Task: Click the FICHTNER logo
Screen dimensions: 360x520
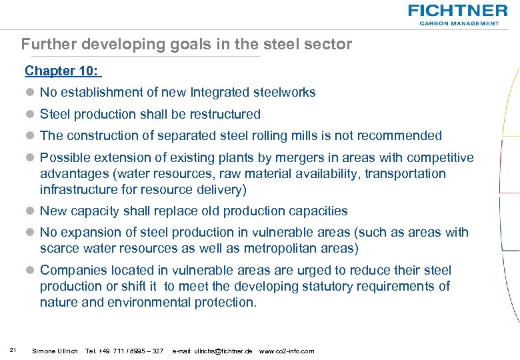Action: point(457,11)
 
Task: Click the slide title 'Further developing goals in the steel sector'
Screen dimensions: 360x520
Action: point(186,45)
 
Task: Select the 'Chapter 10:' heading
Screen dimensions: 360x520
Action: point(62,71)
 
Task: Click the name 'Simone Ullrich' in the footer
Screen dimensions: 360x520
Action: point(55,351)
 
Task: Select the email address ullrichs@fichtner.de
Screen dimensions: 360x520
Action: point(213,351)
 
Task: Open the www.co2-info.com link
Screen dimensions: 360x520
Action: point(286,351)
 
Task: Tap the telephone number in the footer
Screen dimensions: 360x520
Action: point(125,351)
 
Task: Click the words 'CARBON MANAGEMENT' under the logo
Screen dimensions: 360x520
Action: point(459,23)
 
